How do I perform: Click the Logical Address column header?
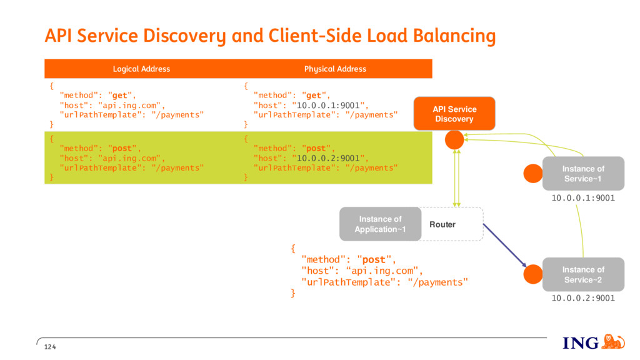(x=141, y=69)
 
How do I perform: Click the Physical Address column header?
(x=335, y=69)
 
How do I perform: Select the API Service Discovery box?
(x=454, y=114)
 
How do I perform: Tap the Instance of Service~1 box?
(x=583, y=174)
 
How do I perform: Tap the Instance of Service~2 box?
(x=583, y=274)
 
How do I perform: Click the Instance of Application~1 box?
(x=381, y=224)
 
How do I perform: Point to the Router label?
(x=442, y=224)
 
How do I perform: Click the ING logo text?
(x=581, y=343)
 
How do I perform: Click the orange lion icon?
(x=613, y=342)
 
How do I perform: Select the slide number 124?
(x=50, y=347)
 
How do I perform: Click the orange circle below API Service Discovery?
(x=454, y=140)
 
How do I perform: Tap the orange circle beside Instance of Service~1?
(x=533, y=174)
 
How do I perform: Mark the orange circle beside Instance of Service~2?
(x=533, y=274)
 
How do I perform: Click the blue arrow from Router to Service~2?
(x=505, y=245)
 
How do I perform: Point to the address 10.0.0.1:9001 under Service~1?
(x=583, y=198)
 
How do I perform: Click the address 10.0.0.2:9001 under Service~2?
(x=583, y=298)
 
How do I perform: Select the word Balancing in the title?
(x=454, y=36)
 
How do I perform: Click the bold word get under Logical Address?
(x=119, y=96)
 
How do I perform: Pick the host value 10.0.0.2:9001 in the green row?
(x=328, y=158)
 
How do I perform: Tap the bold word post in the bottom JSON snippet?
(x=374, y=259)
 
